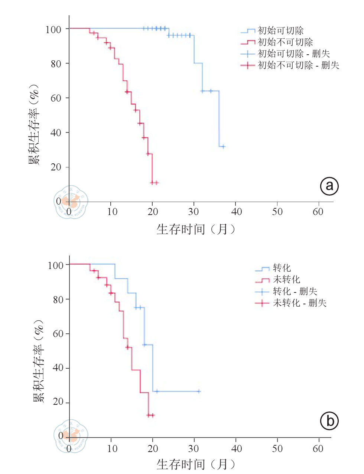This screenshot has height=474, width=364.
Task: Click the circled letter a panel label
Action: pos(329,186)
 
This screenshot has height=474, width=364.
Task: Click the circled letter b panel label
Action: pos(329,421)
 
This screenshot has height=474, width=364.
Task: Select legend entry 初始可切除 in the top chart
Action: pos(280,31)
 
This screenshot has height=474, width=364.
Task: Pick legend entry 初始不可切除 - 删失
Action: pos(298,65)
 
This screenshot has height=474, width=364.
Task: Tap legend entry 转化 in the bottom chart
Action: pos(282,268)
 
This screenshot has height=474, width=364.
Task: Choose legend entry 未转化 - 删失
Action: pos(299,303)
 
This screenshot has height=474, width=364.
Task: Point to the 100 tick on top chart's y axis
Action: pos(53,29)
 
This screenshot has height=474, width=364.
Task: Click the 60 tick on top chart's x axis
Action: pos(318,212)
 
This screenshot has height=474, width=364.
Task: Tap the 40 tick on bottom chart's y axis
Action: pos(58,368)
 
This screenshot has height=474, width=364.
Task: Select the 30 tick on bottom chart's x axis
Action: pos(194,448)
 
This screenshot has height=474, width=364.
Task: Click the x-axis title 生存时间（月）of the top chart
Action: pos(196,229)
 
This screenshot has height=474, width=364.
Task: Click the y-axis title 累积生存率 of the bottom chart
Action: pos(39,361)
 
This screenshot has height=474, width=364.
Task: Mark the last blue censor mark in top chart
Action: pos(223,147)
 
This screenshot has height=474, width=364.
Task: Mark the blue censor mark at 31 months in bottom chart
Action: pos(199,391)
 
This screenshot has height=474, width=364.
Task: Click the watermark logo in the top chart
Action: pos(71,202)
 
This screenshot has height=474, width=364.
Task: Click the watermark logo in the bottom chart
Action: pos(71,436)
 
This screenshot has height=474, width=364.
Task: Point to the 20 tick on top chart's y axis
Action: pos(56,167)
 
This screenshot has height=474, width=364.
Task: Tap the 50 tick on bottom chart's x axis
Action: pos(277,448)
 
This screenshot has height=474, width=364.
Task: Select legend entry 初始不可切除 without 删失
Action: pos(285,42)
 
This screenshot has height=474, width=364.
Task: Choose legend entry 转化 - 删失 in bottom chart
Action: pos(295,291)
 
